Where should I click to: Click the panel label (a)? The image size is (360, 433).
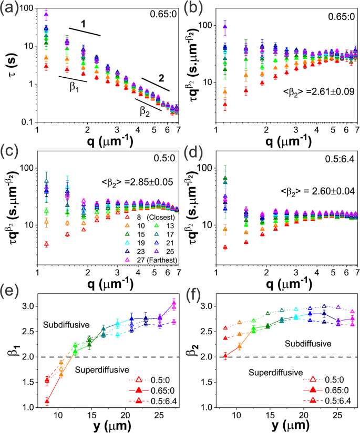click(10, 7)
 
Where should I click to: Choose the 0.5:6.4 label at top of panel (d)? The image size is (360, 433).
click(336, 163)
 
